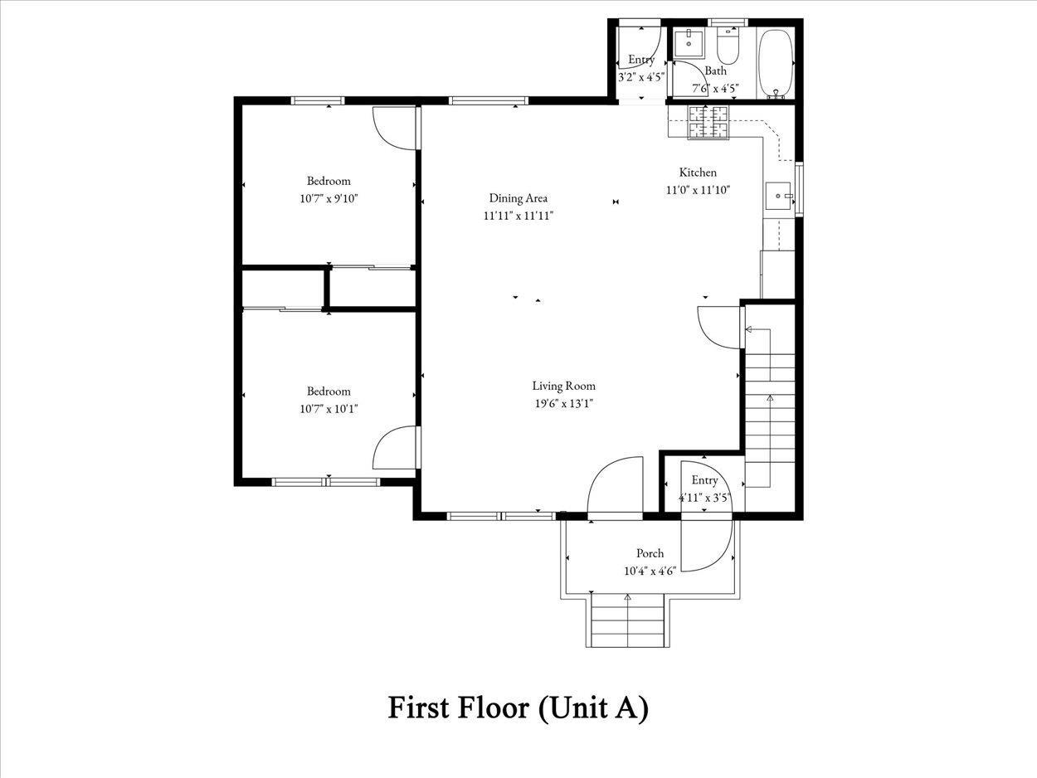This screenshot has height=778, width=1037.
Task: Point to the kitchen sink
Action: coord(778,197)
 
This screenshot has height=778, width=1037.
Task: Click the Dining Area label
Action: coord(518,198)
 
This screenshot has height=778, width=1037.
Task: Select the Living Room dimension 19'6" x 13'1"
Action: coord(563,403)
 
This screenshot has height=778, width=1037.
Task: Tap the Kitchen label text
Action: coord(698,173)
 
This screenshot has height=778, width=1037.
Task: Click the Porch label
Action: coord(650,553)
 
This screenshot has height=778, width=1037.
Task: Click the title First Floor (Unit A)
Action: coord(518,707)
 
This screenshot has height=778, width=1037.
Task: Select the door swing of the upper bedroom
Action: coord(394,129)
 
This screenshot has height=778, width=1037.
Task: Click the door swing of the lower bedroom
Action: coord(394,449)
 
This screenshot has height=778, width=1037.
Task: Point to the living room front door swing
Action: coord(615,486)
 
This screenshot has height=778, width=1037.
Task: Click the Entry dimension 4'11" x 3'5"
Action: coord(704,498)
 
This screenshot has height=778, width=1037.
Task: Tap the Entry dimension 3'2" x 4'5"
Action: coord(641,77)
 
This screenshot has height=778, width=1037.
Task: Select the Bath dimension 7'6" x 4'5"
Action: coord(709,88)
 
